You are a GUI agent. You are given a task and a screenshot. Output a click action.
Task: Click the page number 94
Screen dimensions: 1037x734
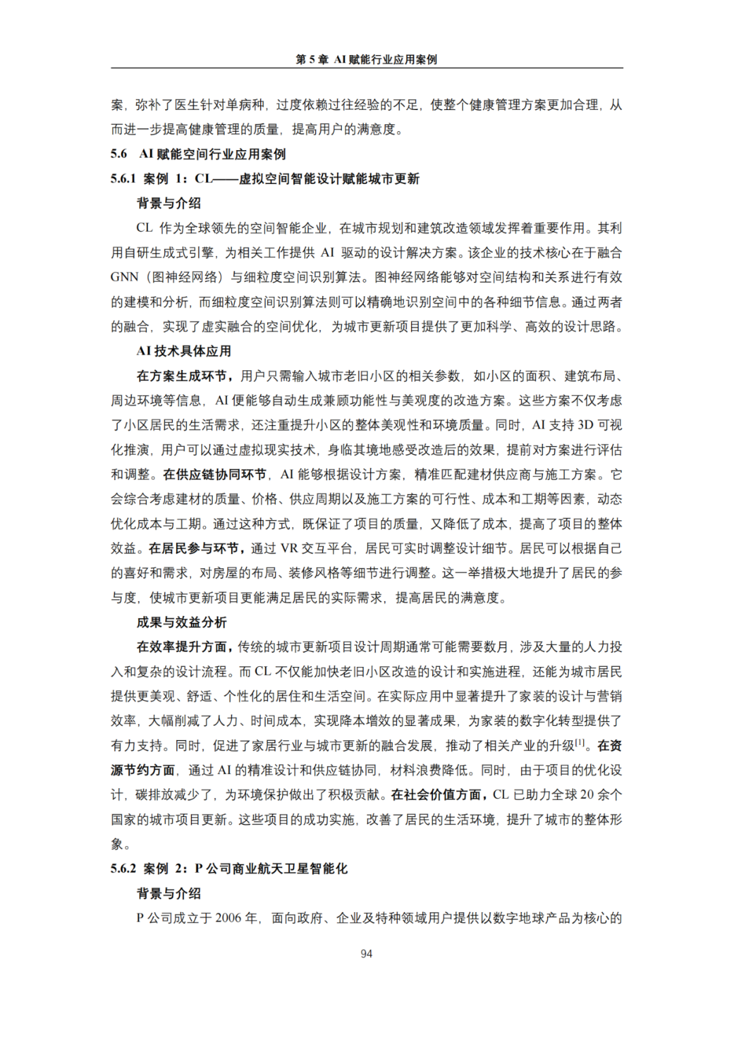coord(366,953)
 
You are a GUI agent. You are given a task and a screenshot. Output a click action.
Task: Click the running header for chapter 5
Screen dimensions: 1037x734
coord(366,60)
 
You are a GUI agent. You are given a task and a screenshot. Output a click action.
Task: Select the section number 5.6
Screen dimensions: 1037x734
coord(119,154)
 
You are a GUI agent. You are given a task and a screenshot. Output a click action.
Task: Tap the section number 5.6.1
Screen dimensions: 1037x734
coord(123,179)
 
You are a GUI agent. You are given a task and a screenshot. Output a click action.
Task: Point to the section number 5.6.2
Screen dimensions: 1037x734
coord(123,869)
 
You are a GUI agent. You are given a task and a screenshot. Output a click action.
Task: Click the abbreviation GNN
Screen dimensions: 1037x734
coord(124,277)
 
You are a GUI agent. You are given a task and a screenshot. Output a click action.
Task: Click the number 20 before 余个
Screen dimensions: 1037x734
coord(587,795)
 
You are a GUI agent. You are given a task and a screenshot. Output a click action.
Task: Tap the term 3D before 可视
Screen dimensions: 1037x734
coord(585,425)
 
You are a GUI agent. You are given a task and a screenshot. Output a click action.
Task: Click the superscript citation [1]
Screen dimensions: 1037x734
coord(580,742)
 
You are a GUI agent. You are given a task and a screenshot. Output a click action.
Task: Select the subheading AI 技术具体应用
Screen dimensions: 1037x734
coord(183,351)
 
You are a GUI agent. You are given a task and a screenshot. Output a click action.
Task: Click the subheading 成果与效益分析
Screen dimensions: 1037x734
coord(181,622)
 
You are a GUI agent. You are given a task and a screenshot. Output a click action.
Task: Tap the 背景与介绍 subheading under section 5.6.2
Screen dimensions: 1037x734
coord(169,893)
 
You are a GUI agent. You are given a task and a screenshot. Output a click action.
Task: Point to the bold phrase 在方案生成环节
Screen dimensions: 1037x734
coord(184,376)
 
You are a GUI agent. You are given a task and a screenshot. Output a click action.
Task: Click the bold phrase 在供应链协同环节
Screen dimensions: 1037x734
coord(215,475)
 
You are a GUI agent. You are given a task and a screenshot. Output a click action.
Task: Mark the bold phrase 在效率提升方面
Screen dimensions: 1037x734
coord(184,647)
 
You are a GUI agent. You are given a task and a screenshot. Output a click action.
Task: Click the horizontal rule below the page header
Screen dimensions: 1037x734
coord(366,68)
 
